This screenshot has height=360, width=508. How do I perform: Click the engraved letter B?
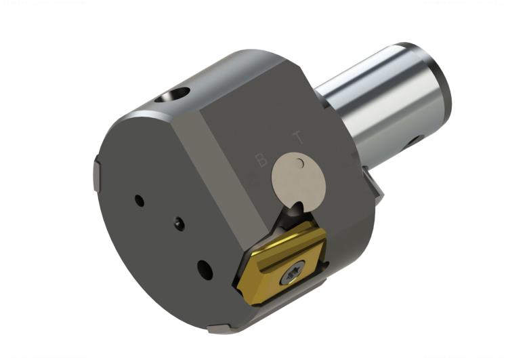coord(260,160)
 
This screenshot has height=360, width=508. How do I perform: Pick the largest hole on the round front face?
coord(205,269)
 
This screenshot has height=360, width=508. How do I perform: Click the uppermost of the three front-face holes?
coord(139,201)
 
